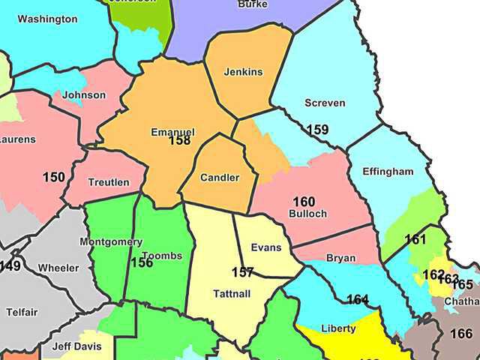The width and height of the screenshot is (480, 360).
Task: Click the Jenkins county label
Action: point(244,72)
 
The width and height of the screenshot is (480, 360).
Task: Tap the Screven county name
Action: point(323,102)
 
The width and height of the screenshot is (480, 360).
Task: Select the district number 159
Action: point(317,130)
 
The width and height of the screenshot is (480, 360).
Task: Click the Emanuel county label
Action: point(172,132)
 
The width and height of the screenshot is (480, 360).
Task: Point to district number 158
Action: point(180,140)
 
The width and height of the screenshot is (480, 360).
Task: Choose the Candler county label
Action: point(220,178)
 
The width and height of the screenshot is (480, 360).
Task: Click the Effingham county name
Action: point(388,172)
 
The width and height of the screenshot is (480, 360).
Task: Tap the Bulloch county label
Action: point(307,214)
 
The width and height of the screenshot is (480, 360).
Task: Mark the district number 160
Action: point(304,202)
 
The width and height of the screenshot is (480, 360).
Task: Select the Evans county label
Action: point(266,247)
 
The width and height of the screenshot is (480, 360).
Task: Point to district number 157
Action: point(243,272)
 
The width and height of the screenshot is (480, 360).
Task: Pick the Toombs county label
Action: point(161,256)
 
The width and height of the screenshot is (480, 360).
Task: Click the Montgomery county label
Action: point(111,241)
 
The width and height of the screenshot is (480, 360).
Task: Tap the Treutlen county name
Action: point(109,182)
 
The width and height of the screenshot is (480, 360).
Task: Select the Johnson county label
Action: point(84,95)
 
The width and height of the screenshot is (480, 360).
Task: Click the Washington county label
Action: point(47,19)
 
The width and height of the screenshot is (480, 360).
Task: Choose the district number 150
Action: point(54,177)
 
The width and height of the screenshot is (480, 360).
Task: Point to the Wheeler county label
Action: point(58,268)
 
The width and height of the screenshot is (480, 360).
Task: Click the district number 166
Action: point(462,334)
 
